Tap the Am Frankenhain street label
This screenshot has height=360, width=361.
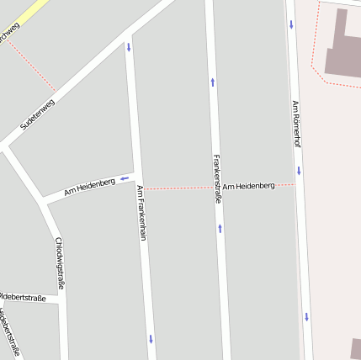pos(141,213)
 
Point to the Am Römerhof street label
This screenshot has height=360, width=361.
pos(296,124)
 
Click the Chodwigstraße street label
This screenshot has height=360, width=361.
pos(59,263)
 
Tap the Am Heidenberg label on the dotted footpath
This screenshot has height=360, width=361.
pos(249,185)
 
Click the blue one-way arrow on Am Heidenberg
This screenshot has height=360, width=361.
pos(125,178)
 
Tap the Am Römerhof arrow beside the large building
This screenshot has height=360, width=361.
pos(291,24)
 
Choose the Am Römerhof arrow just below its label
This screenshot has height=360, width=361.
pos(299,171)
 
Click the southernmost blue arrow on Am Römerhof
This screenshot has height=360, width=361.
pos(307,317)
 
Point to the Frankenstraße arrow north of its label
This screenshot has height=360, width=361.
pos(212,82)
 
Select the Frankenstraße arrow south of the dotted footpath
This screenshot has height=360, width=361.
pos(220,228)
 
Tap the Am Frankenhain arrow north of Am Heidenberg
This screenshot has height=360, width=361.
pos(129,47)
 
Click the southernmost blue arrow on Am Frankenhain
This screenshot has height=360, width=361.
pos(151,339)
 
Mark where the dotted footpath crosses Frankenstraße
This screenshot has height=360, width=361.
pos(217,187)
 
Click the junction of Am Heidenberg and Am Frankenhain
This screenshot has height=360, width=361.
pos(138,177)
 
